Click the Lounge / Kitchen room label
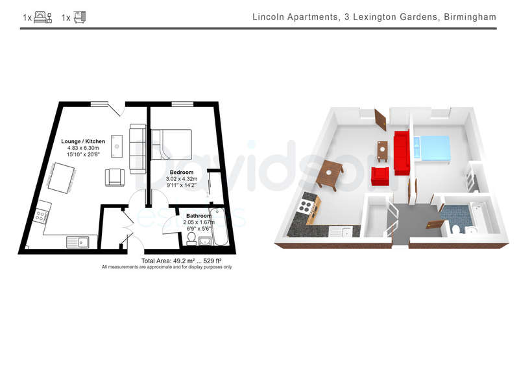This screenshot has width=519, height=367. [x=83, y=141]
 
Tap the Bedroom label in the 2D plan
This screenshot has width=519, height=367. [x=182, y=172]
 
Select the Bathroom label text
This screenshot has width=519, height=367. [x=199, y=216]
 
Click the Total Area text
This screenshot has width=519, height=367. [x=182, y=261]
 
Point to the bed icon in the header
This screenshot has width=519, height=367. [x=43, y=18]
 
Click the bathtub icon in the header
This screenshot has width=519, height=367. [x=79, y=18]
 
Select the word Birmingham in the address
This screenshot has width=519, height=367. [x=470, y=17]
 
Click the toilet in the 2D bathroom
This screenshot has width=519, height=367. [x=191, y=239]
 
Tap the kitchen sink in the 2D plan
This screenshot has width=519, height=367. [x=77, y=242]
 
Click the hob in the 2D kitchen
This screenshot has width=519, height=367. [x=41, y=216]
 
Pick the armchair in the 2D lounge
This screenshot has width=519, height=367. [x=115, y=178]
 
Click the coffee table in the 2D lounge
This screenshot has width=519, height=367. [x=117, y=147]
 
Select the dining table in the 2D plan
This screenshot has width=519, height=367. [x=61, y=178]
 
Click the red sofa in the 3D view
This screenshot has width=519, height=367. [x=402, y=152]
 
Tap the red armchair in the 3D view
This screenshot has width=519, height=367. [x=380, y=176]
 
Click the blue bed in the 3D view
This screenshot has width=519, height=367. [x=431, y=148]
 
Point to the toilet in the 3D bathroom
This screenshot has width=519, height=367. [x=455, y=228]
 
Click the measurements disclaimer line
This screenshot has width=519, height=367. [x=167, y=266]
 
